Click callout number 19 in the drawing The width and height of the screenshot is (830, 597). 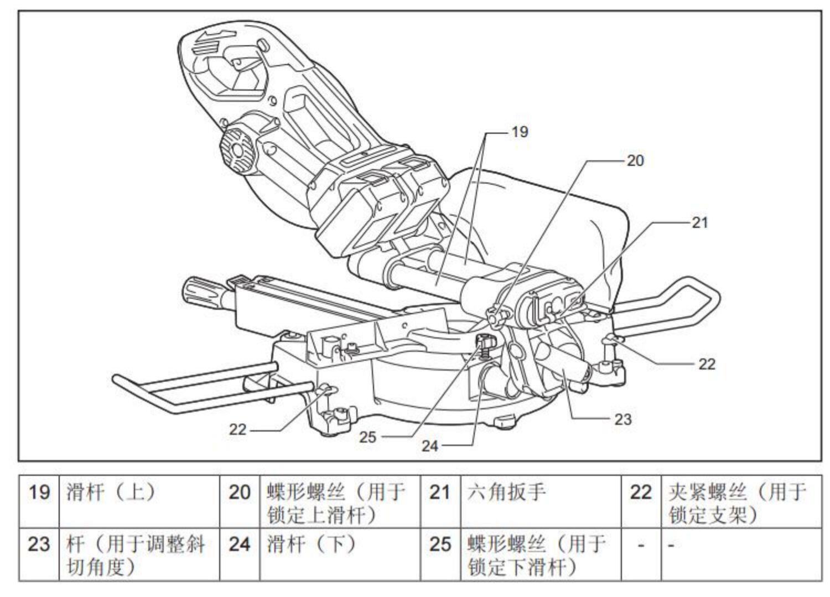coord(520,132)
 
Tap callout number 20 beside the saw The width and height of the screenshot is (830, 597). coord(635,160)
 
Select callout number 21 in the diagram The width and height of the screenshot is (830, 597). coord(700,223)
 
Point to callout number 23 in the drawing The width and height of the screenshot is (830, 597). coord(623,419)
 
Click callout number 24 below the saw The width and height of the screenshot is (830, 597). coord(430,446)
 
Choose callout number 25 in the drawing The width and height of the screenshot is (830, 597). coord(367,437)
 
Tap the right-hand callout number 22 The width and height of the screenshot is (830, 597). coord(707,364)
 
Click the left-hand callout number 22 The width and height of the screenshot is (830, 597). coord(237,429)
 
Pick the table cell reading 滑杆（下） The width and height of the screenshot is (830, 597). coord(340,554)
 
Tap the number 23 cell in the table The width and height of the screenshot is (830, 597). coord(39,554)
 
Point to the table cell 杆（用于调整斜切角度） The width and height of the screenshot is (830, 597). coord(139,554)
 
